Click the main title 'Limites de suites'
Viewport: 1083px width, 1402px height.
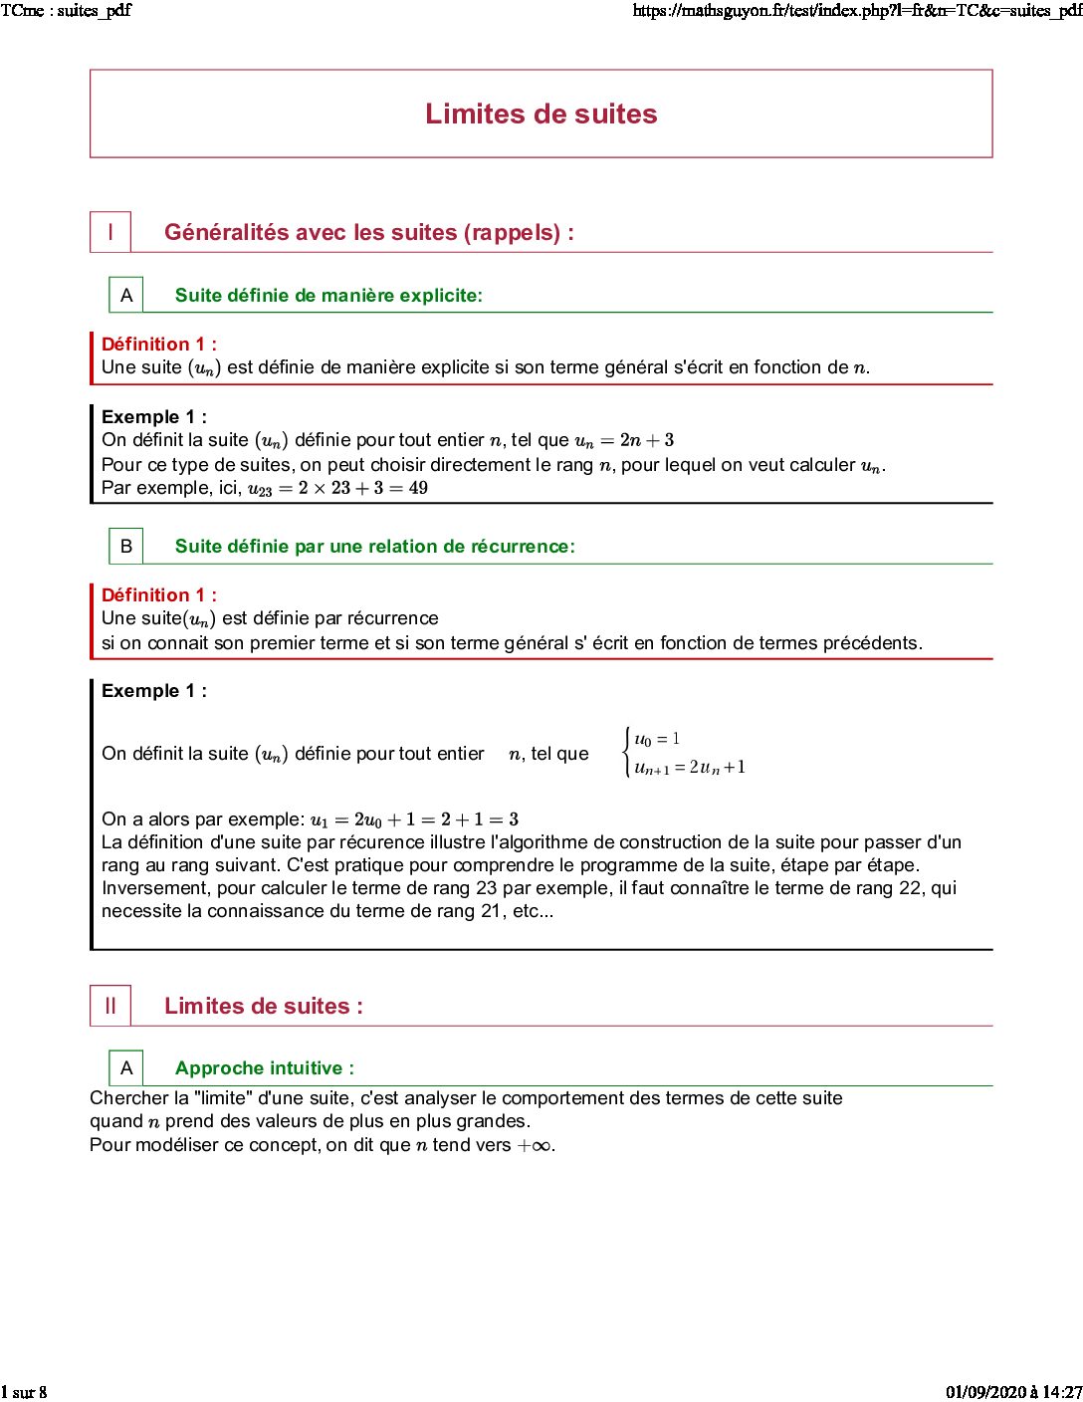pos(541,114)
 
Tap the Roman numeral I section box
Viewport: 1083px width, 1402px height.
pos(110,232)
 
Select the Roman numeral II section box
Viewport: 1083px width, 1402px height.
pos(110,1006)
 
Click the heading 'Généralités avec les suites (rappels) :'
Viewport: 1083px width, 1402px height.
pos(368,232)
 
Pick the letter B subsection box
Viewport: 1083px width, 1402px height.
pos(126,546)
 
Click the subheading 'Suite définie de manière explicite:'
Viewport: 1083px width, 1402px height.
pos(328,295)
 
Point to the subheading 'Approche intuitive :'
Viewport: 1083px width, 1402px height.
pos(264,1068)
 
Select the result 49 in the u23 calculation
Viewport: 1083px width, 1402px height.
pos(418,488)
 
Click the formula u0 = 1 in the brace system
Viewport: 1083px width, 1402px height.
pos(657,739)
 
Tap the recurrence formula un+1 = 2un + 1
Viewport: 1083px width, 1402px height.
pos(690,768)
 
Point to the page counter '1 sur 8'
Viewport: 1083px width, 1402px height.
pos(24,1392)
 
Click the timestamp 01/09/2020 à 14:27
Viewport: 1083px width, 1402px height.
pos(1013,1392)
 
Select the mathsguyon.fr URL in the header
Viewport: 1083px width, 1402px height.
pos(857,11)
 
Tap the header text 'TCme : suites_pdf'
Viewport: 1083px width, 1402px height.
pos(66,11)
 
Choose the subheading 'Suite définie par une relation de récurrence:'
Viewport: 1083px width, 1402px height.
pos(374,546)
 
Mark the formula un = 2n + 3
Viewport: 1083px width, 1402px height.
pos(624,440)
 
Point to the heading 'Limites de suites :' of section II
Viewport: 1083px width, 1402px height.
pos(263,1006)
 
